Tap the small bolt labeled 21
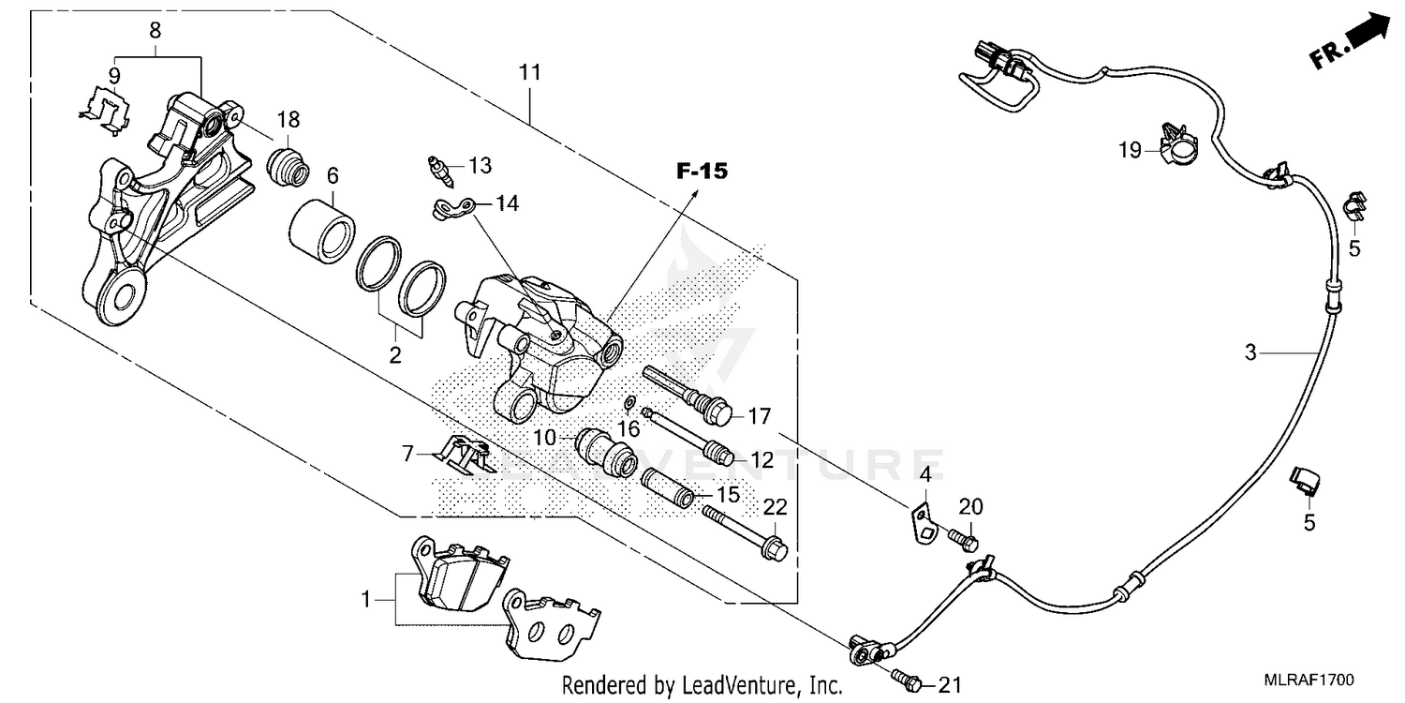pos(906,677)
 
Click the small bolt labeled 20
pos(963,539)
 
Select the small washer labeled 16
pos(631,403)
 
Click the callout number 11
pos(530,72)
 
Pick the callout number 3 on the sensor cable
pos(1250,353)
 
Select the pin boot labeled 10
pos(606,451)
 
